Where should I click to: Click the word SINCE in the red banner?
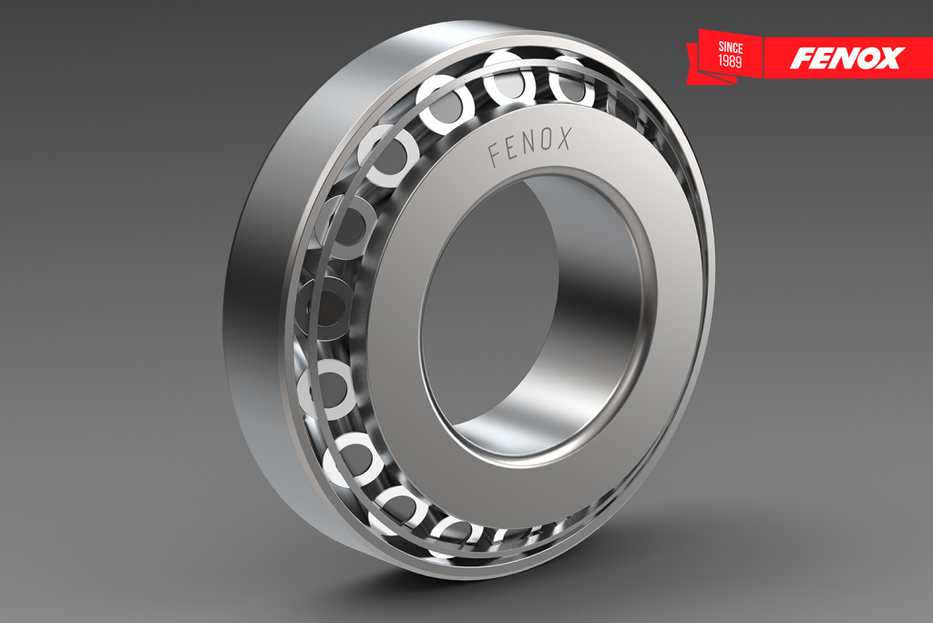coord(730,47)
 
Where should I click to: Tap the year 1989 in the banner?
coord(730,61)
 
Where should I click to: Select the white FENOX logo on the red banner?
coord(847,57)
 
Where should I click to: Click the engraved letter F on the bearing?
coord(495,154)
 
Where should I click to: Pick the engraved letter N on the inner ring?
coord(530,145)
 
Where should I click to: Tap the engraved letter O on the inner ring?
coord(548,140)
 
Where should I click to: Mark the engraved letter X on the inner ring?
coord(564,138)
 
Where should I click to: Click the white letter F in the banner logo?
coord(801,57)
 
